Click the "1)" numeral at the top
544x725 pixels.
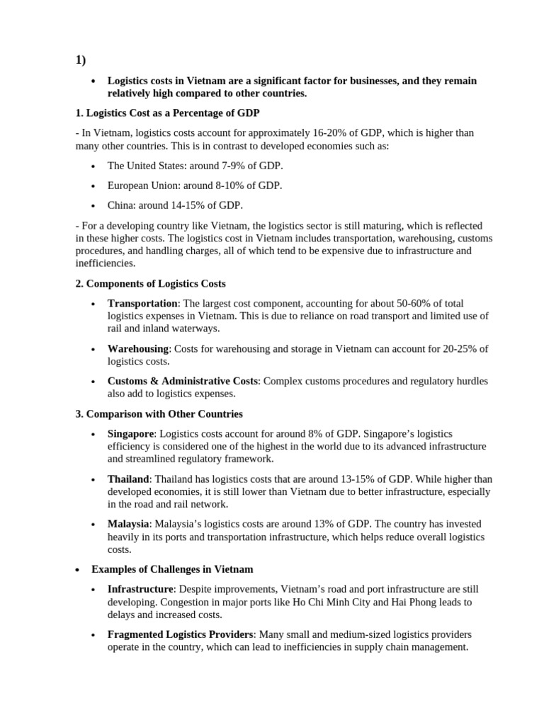[x=81, y=60]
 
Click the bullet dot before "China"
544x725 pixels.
[x=93, y=206]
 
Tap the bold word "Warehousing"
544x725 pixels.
[x=138, y=349]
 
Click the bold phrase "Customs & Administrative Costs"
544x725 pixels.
[x=183, y=381]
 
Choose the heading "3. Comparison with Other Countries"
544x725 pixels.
[x=159, y=413]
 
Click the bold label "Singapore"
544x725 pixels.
[x=130, y=433]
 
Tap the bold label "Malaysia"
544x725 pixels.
[x=128, y=524]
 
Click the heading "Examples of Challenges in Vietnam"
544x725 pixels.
[x=172, y=569]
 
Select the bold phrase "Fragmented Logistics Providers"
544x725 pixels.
[x=180, y=634]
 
